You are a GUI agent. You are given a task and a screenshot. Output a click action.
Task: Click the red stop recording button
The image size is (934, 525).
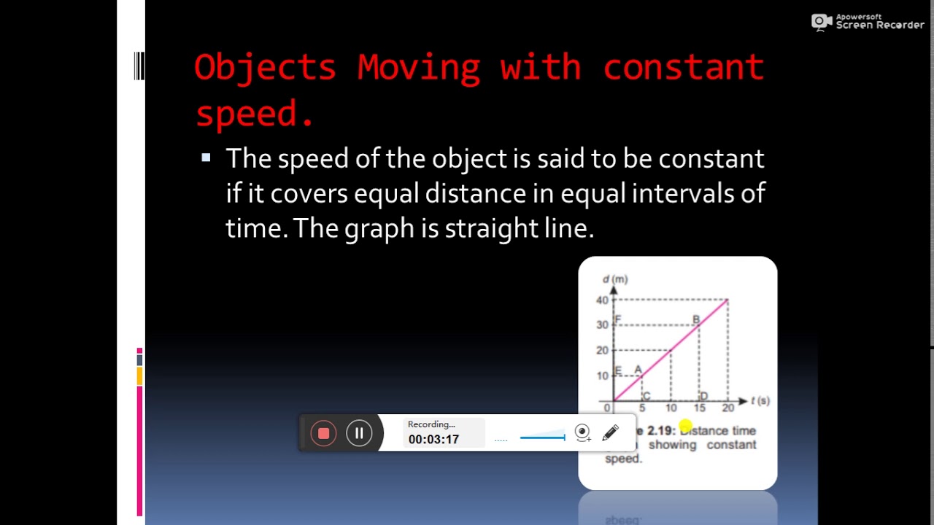323,433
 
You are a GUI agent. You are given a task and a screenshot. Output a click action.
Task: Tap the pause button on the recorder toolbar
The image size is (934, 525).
359,433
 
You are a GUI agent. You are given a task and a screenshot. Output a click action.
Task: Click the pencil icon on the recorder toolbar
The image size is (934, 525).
611,433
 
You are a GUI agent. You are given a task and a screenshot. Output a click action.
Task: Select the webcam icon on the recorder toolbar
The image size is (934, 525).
582,433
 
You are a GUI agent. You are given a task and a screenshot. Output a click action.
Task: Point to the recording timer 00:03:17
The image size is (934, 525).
433,439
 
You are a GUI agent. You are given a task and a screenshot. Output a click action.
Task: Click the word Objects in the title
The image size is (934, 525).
265,68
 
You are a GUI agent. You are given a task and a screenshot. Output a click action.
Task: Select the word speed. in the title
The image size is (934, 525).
255,114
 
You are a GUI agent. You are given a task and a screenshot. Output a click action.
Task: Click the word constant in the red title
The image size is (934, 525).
683,68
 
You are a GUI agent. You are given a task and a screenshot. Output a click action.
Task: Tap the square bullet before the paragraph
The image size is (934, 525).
206,157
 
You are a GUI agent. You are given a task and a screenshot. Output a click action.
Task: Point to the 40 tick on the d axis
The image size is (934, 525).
602,300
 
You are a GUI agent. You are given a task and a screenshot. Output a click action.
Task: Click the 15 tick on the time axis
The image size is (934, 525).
700,408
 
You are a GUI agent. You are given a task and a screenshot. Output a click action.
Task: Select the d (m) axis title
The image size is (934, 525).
614,279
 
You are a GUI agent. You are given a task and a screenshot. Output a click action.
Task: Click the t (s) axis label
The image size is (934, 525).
760,400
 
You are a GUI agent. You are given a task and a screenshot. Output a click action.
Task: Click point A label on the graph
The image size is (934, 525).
638,370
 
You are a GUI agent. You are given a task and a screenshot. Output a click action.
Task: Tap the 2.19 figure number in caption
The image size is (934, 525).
661,431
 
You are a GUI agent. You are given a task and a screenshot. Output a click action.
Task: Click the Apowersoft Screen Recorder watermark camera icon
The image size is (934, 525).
822,22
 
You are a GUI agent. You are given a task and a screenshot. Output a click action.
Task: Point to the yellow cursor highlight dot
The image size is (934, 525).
685,426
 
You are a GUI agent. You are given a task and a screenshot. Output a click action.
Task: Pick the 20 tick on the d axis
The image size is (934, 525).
602,351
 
